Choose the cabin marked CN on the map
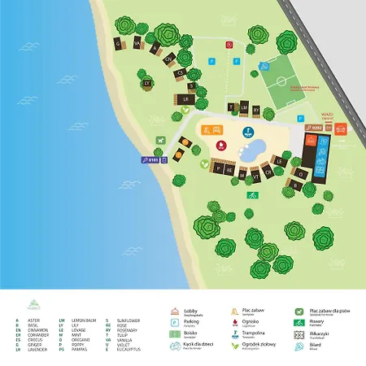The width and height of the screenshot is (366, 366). tap(169, 59)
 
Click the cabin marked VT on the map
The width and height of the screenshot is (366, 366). tap(255, 174)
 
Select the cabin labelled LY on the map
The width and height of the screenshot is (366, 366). tap(147, 83)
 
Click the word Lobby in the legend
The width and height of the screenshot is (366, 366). tap(191, 310)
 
